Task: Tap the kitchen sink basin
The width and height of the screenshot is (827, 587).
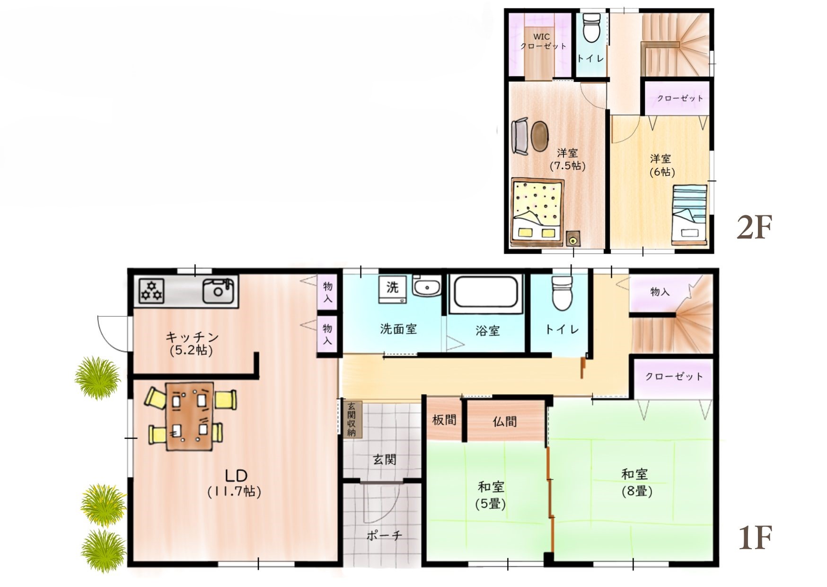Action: (x=218, y=291)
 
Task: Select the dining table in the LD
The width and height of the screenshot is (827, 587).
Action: (x=189, y=416)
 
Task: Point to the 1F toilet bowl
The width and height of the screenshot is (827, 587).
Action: (x=563, y=293)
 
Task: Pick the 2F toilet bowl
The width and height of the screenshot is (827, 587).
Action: (x=591, y=28)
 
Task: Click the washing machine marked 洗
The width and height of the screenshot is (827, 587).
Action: (x=392, y=289)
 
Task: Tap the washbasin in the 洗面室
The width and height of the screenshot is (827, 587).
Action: (x=427, y=286)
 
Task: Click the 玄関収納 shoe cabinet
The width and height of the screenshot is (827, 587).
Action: (x=352, y=419)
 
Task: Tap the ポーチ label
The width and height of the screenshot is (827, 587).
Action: (x=384, y=535)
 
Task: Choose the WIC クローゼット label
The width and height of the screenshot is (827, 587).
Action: (x=543, y=41)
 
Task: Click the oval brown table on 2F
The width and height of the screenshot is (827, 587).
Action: (x=540, y=135)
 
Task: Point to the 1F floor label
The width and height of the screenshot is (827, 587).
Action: (x=755, y=538)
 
